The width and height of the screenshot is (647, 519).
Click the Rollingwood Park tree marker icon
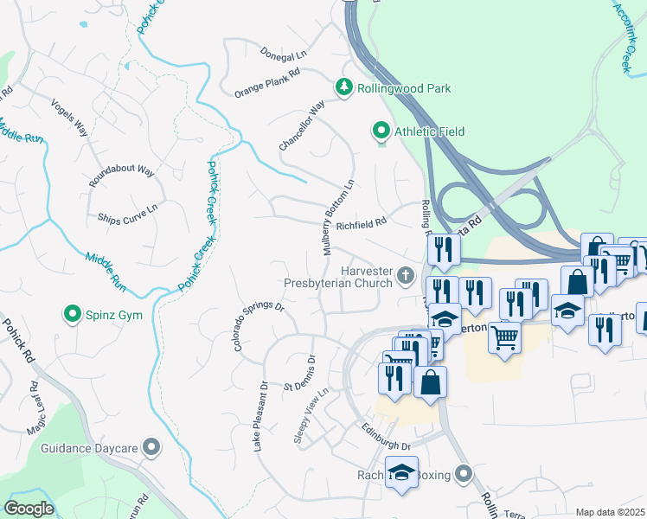tap(343, 88)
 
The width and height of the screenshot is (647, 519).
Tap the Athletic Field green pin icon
tap(380, 131)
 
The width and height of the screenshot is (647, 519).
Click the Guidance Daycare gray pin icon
tap(152, 447)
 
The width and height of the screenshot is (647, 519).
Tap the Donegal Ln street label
tap(284, 54)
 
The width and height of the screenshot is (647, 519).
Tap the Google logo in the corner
tap(29, 509)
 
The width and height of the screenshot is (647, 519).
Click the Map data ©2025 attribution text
tap(610, 512)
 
